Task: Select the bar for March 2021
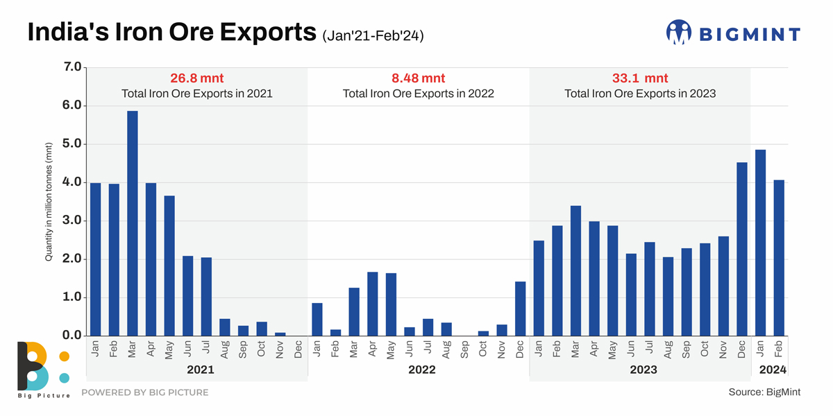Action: point(132,223)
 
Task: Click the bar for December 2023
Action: point(741,249)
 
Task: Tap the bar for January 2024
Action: point(760,243)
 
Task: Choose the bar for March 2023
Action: point(575,270)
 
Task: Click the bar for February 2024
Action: point(778,258)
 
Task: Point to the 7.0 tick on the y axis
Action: point(73,67)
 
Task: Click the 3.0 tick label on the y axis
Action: point(73,221)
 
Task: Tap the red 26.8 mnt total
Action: point(197,78)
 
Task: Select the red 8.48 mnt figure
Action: point(419,78)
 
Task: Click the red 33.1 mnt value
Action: point(640,78)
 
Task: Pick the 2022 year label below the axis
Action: point(421,370)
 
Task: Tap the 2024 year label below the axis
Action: point(773,370)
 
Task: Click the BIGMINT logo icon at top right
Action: point(679,32)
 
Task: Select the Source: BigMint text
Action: point(764,392)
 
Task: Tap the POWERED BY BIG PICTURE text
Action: point(145,392)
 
